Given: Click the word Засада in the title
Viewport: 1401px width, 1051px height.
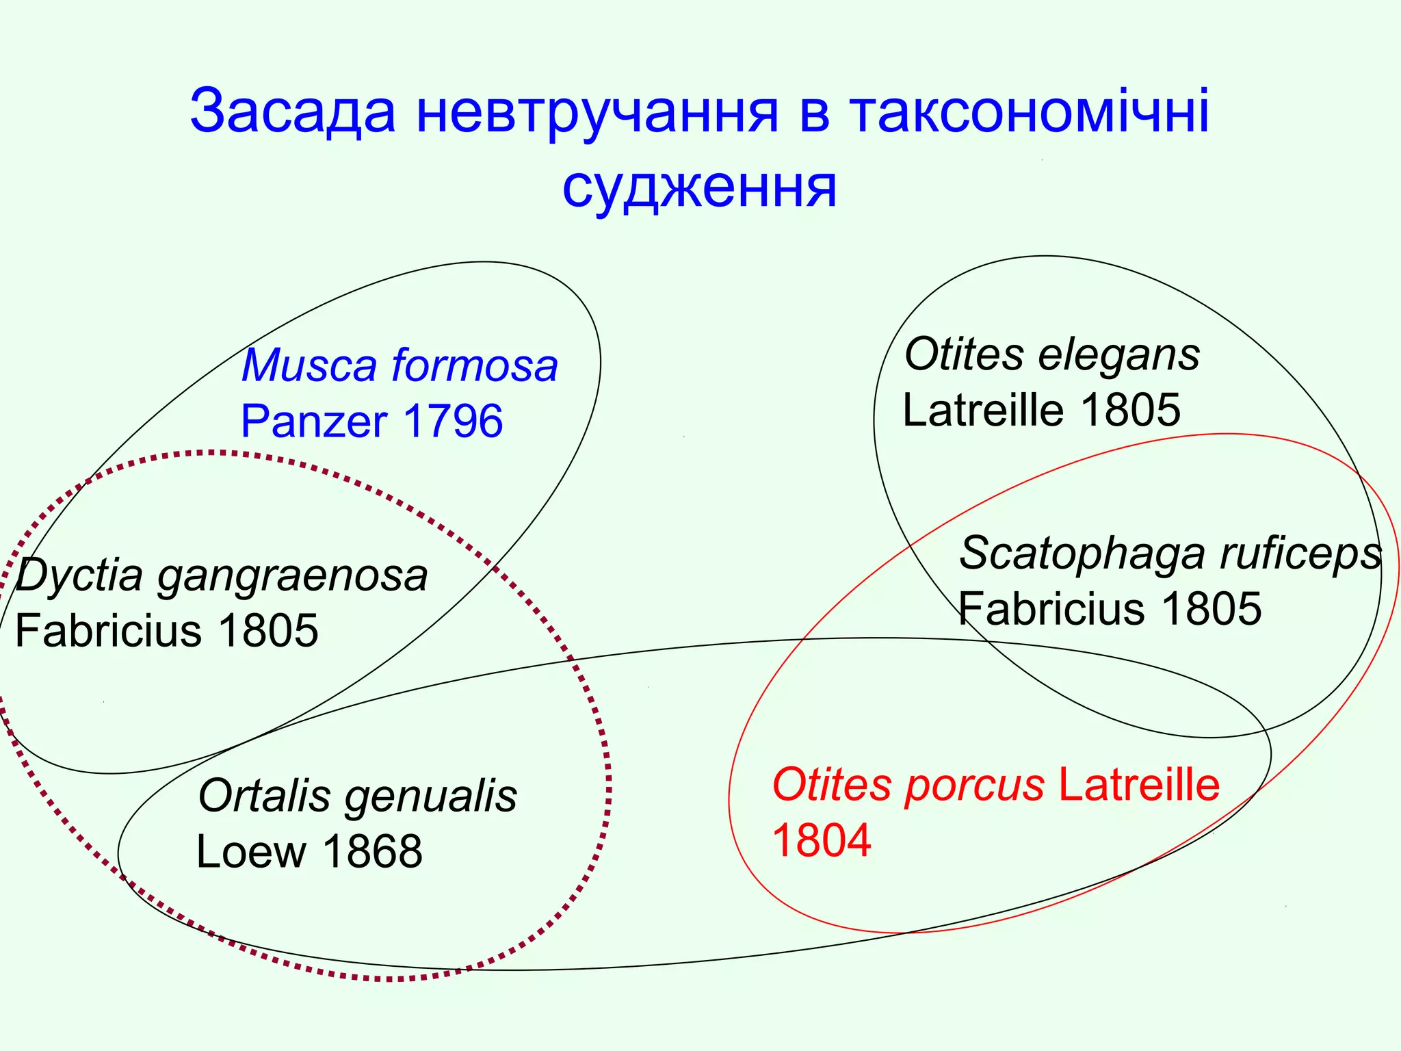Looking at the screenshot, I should [x=292, y=111].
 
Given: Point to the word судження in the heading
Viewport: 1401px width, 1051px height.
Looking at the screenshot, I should [x=699, y=188].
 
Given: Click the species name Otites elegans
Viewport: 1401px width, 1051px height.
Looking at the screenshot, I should [x=1051, y=354].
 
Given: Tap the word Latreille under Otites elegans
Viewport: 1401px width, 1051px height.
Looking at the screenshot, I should [x=984, y=410].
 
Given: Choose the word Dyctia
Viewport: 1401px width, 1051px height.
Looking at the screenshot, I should [x=79, y=575].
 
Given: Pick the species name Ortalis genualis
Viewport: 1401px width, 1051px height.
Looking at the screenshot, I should [x=357, y=796].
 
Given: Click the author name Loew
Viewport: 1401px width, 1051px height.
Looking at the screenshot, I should [x=251, y=852].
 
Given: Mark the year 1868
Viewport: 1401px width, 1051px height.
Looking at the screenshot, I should [x=373, y=852].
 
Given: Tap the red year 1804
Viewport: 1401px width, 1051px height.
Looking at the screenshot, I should [x=822, y=840].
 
